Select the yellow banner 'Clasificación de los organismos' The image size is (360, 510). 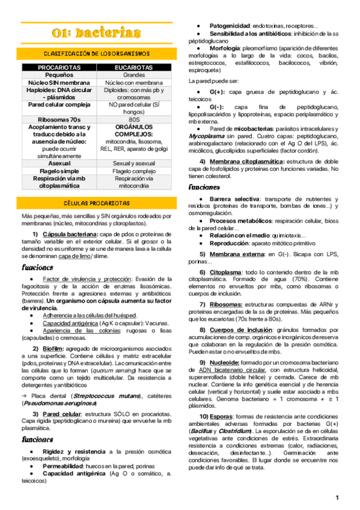(x=97, y=53)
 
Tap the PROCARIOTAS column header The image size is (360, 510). (x=58, y=68)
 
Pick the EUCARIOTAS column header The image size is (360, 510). (x=134, y=68)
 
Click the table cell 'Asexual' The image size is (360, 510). (x=58, y=162)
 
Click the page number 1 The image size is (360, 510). (x=338, y=497)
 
